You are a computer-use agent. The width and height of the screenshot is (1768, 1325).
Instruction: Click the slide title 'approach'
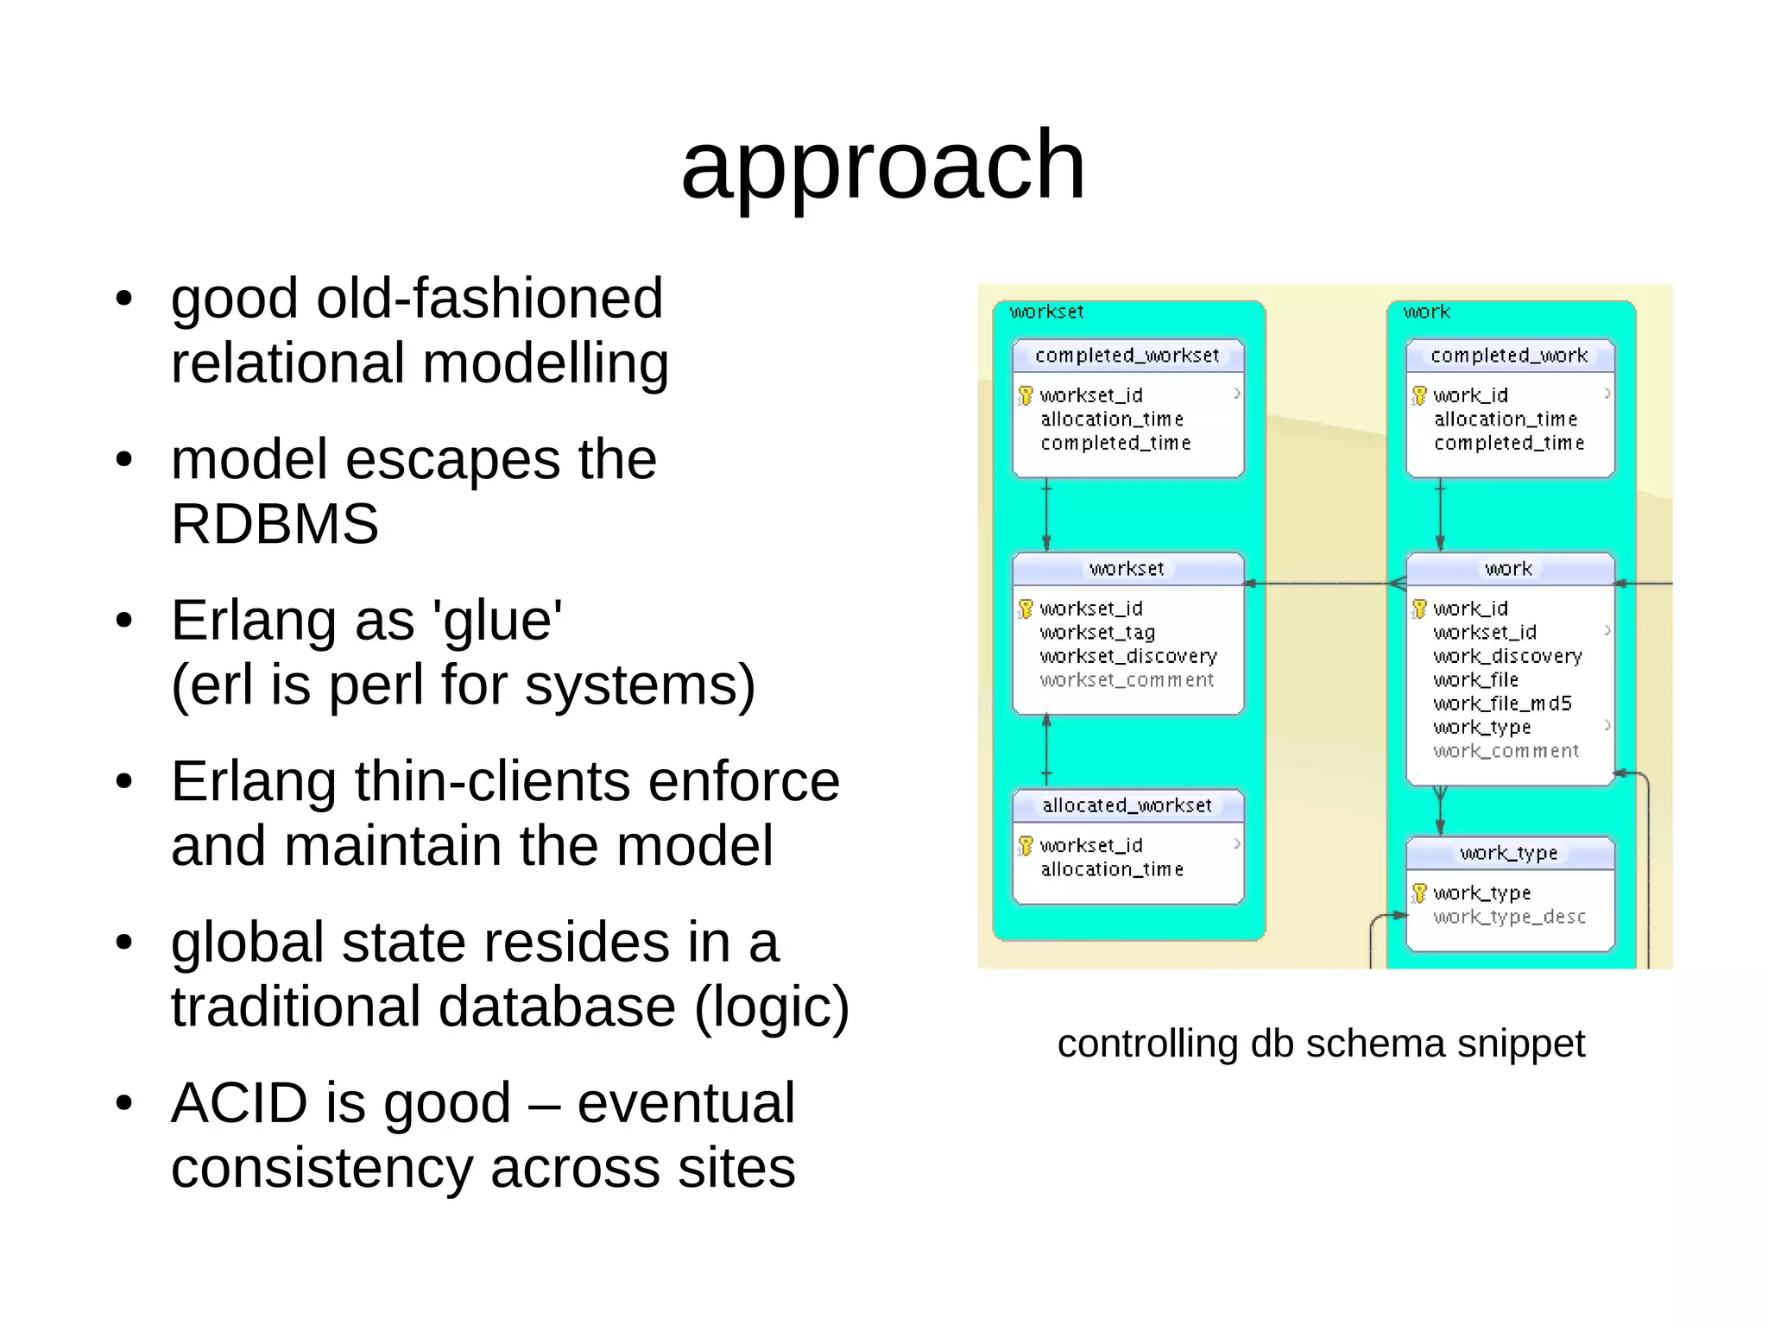pos(882,165)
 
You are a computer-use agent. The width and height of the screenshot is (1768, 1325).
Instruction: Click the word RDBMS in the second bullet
pos(275,524)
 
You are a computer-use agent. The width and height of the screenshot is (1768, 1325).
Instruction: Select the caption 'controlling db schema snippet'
pos(1321,1044)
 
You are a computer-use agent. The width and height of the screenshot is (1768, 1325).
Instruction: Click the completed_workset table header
pos(1127,356)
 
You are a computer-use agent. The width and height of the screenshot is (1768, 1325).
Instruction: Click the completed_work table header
pos(1509,356)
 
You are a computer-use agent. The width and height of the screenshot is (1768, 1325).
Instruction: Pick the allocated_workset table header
pos(1127,805)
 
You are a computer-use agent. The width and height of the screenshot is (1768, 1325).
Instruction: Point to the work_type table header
pos(1509,854)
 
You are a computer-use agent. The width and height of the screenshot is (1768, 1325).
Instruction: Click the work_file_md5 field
pos(1502,704)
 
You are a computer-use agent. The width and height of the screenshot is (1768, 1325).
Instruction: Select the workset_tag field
pos(1097,633)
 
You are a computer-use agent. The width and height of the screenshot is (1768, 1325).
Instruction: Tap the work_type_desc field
pos(1509,917)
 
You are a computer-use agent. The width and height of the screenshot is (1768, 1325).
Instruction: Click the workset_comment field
pos(1127,680)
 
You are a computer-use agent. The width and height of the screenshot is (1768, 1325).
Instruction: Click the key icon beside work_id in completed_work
pos(1419,395)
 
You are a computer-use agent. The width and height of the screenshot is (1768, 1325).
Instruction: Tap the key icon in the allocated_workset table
pos(1026,845)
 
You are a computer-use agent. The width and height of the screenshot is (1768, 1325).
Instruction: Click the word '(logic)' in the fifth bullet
pos(772,1007)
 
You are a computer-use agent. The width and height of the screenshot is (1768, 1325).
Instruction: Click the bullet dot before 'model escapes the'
pos(124,459)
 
